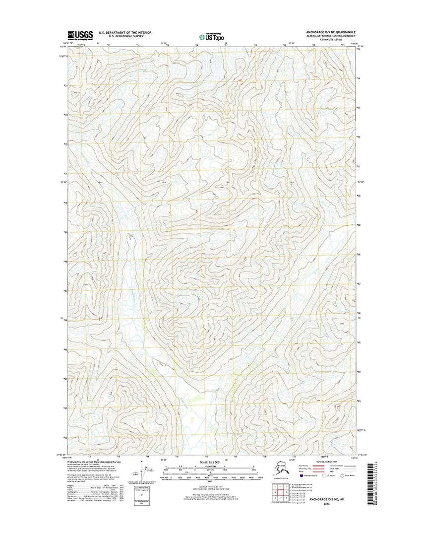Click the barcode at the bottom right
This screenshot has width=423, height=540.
369,484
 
